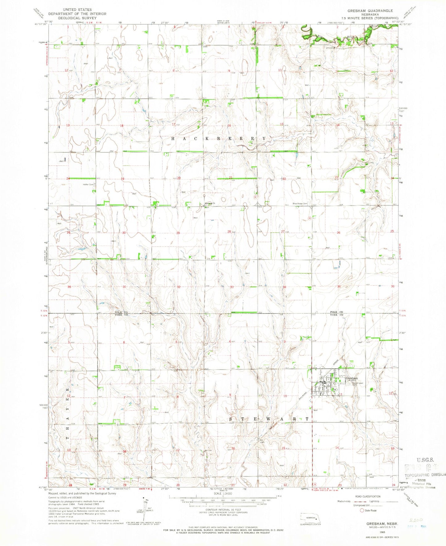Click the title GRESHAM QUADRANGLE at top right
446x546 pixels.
(370, 11)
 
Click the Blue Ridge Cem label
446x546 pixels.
(301, 204)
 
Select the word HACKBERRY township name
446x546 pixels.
(218, 139)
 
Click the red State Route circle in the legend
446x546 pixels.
(362, 510)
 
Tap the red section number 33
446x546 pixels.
(232, 287)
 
